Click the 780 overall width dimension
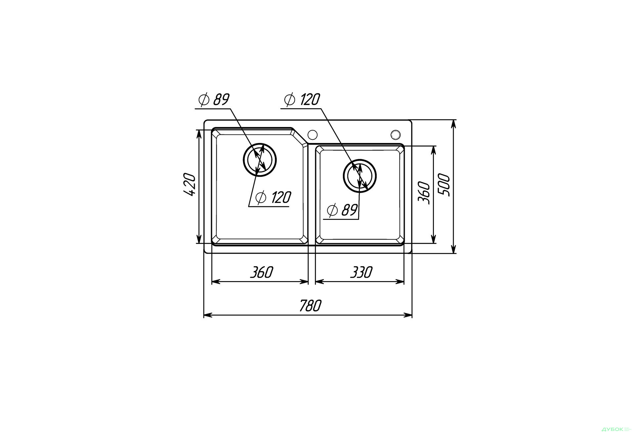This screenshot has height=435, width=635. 310,306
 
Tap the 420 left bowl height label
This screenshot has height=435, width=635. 190,184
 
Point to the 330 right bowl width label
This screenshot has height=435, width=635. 361,272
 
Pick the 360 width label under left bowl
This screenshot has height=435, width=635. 261,272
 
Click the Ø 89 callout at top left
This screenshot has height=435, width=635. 214,99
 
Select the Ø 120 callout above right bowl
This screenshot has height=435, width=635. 302,99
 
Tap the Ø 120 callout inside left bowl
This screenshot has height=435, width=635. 273,198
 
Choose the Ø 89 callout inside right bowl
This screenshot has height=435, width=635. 342,210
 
